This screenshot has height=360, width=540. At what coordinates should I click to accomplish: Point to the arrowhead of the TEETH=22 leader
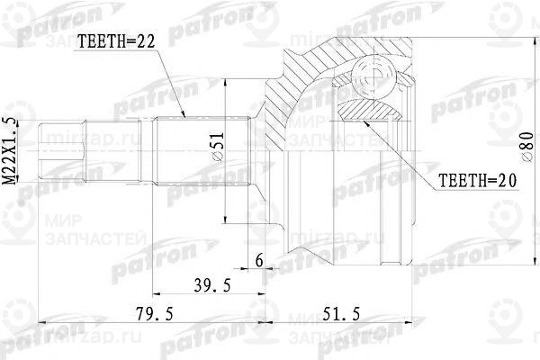coord(184,117)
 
